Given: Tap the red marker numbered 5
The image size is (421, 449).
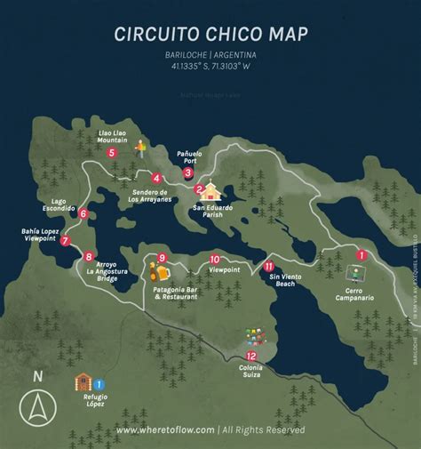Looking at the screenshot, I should (x=111, y=153).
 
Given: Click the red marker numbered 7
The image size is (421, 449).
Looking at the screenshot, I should (x=66, y=240).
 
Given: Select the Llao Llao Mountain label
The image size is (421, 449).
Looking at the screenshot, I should (x=111, y=135).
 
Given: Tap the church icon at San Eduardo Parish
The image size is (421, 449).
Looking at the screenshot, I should (x=212, y=191).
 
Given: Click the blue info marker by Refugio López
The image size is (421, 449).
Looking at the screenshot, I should (x=99, y=409).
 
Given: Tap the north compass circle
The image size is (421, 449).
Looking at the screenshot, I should (x=37, y=409).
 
